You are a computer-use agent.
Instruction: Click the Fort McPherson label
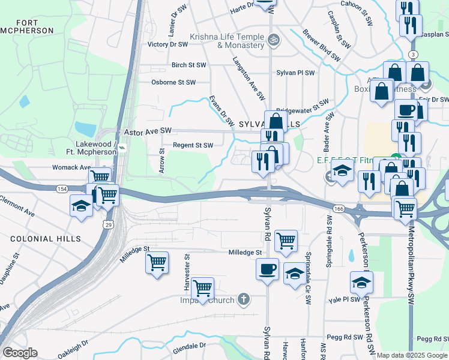pos(28,26)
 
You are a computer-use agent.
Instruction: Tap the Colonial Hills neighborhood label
pos(46,239)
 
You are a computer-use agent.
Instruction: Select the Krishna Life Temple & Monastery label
pos(227,41)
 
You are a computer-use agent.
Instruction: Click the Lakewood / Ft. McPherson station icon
pos(122,147)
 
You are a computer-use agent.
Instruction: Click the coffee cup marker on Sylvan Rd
pos(267,268)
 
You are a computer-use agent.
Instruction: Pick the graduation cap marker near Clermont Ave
pos(81,205)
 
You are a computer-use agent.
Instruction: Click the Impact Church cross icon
pos(244,298)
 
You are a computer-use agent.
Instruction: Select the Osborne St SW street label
pos(173,82)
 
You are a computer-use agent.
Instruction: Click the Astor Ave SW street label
pos(148,130)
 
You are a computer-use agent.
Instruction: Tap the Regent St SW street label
pos(193,145)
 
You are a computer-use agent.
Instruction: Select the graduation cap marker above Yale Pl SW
pos(361,281)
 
